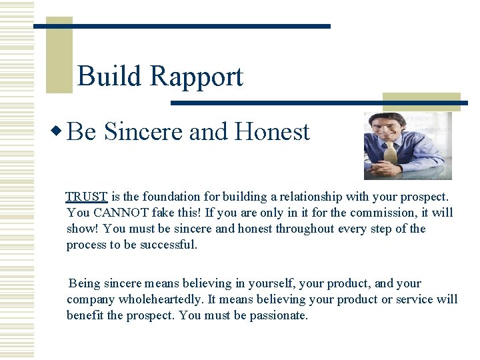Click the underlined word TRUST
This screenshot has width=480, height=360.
tap(87, 197)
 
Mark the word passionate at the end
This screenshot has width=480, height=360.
tap(279, 315)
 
